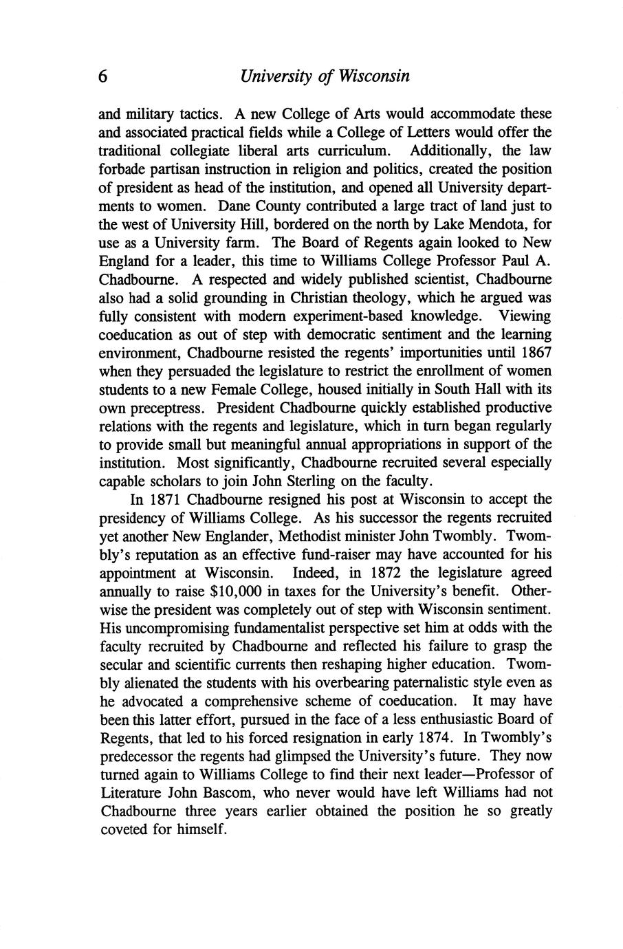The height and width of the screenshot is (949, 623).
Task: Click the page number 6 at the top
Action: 104,76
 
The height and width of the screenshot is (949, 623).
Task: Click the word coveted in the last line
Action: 124,829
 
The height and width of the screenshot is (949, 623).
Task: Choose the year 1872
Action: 391,572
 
